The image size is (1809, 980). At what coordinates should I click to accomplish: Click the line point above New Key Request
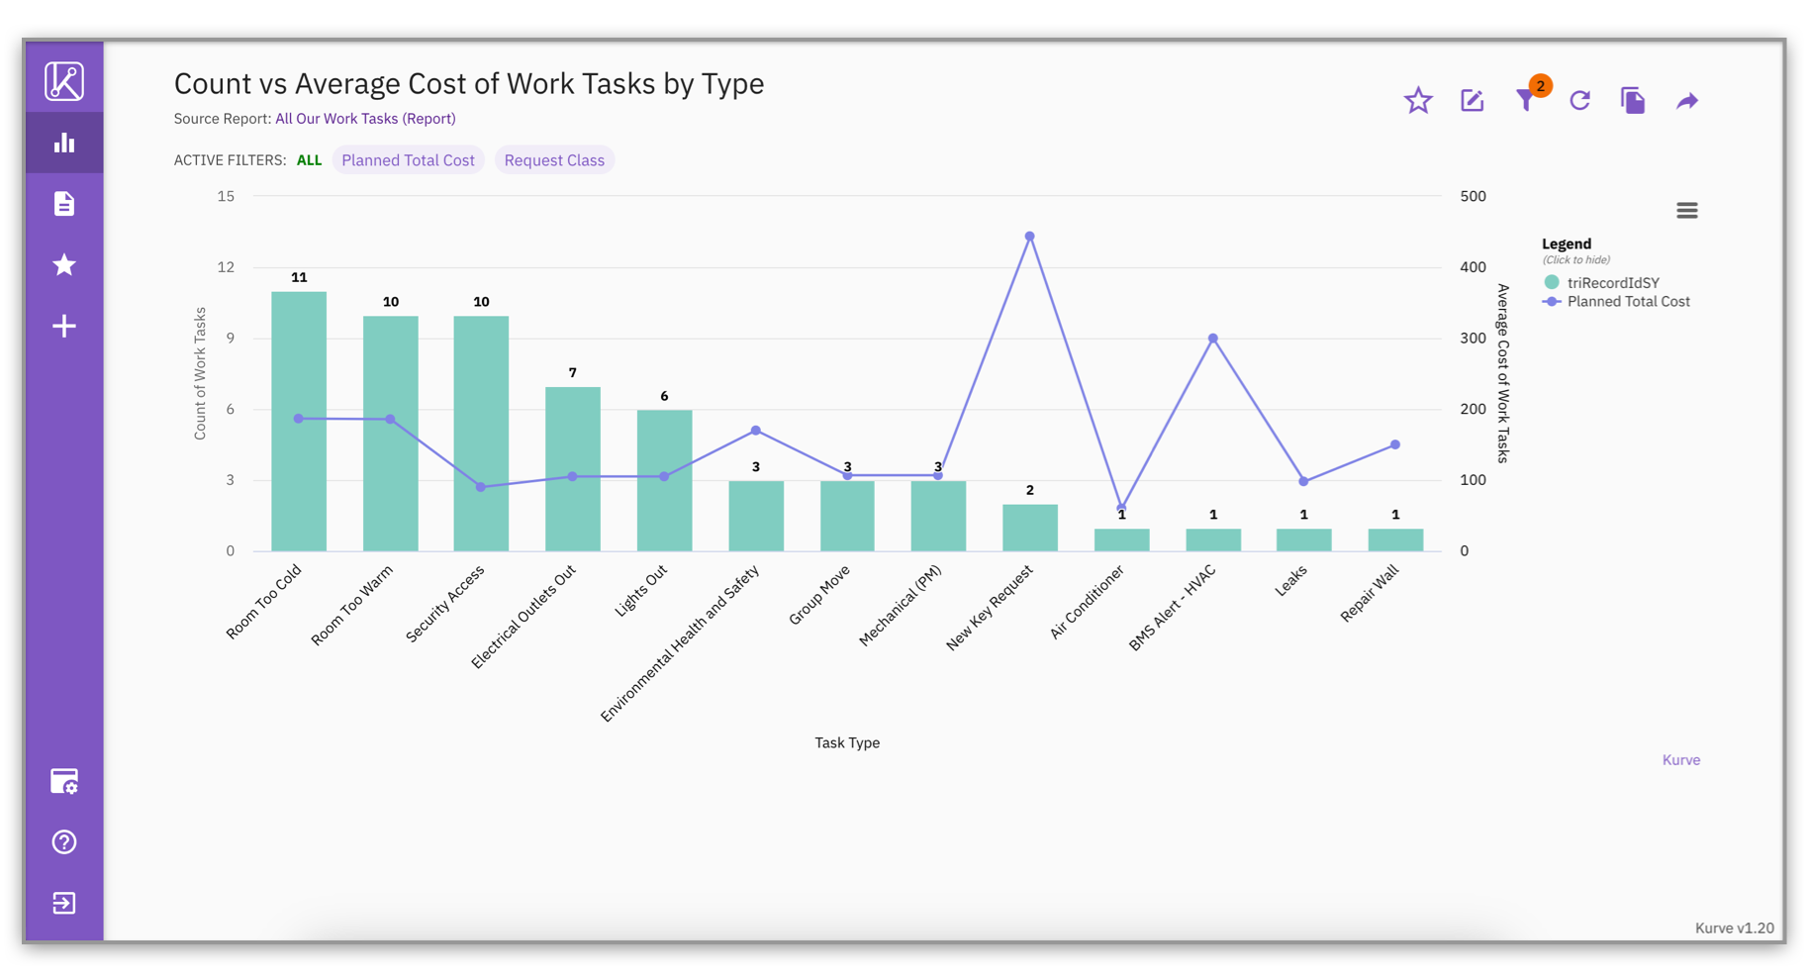pyautogui.click(x=1029, y=237)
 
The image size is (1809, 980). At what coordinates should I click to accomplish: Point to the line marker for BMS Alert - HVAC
pyautogui.click(x=1212, y=339)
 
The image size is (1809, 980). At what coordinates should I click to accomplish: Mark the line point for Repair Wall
pyautogui.click(x=1394, y=444)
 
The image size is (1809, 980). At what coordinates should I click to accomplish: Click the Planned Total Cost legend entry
pyautogui.click(x=1627, y=302)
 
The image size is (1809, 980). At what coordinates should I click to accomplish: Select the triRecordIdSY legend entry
pyautogui.click(x=1612, y=283)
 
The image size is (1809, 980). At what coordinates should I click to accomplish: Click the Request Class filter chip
pyautogui.click(x=554, y=160)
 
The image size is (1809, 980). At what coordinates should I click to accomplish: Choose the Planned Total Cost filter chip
pyautogui.click(x=408, y=160)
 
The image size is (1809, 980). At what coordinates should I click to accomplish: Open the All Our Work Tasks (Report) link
pyautogui.click(x=365, y=119)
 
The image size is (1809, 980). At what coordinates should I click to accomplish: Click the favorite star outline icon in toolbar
pyautogui.click(x=1418, y=101)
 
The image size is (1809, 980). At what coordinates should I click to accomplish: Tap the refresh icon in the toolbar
pyautogui.click(x=1579, y=101)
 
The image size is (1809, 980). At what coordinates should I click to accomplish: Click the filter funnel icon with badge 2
pyautogui.click(x=1525, y=101)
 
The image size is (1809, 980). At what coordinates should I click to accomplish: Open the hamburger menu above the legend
pyautogui.click(x=1686, y=210)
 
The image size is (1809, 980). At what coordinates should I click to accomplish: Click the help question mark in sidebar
pyautogui.click(x=64, y=842)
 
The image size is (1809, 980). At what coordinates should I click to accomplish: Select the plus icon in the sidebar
pyautogui.click(x=64, y=326)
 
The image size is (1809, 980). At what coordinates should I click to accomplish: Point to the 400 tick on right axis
pyautogui.click(x=1473, y=267)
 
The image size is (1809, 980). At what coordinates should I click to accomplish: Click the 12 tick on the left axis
pyautogui.click(x=227, y=267)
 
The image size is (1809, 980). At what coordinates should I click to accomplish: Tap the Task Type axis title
pyautogui.click(x=847, y=742)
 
